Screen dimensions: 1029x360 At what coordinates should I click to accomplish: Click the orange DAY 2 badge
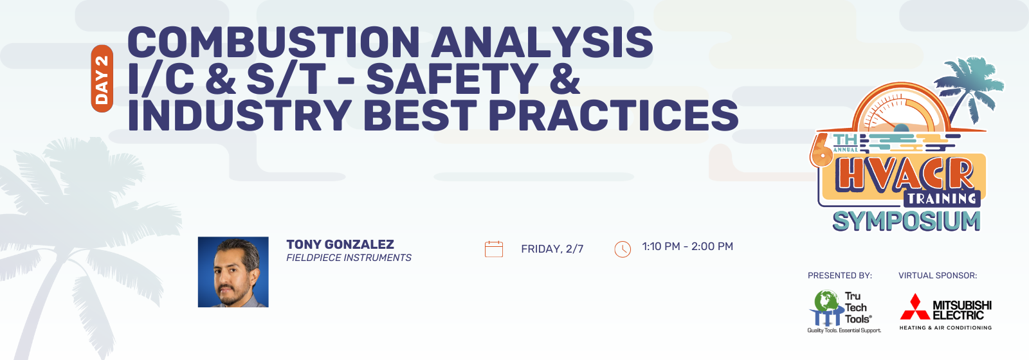click(x=102, y=78)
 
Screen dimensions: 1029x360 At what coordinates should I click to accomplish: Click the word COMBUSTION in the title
click(x=273, y=42)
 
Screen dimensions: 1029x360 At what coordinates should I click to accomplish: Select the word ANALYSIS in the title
click(x=542, y=42)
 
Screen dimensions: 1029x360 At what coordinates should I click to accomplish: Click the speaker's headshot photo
click(x=233, y=272)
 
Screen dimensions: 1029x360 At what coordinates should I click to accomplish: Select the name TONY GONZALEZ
click(x=340, y=244)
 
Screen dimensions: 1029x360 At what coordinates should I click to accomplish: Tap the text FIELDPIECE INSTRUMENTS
click(x=349, y=258)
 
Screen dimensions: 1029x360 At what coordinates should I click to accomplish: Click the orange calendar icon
click(x=494, y=249)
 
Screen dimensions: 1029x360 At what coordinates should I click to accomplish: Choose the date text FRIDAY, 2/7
click(x=552, y=249)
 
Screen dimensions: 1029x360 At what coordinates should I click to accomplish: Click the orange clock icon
click(x=623, y=249)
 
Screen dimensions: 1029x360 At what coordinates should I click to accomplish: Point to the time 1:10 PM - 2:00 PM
click(x=688, y=247)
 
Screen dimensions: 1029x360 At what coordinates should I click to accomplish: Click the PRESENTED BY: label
click(x=840, y=276)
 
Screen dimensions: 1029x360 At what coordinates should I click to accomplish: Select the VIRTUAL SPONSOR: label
click(x=938, y=276)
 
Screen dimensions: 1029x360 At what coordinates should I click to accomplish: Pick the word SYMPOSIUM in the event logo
click(x=906, y=221)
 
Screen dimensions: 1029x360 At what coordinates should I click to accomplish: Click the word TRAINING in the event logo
click(x=942, y=199)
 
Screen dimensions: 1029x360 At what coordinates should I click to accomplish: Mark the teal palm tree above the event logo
click(x=969, y=87)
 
